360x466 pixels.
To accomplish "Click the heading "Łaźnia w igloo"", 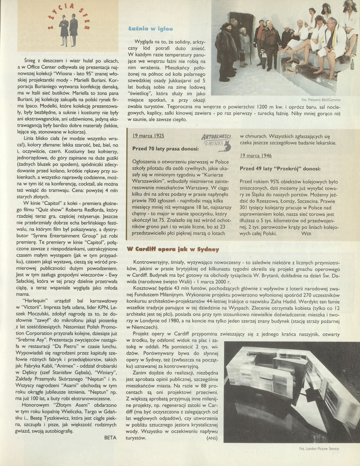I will (x=150, y=29).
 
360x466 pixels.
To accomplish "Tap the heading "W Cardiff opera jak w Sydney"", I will (x=173, y=249).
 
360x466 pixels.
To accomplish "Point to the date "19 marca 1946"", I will (x=256, y=156).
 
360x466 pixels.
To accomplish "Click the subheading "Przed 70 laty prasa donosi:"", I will (x=165, y=149).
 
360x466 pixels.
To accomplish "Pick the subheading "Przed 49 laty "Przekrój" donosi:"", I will (x=280, y=169).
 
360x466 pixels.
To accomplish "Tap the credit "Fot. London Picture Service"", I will (x=319, y=457).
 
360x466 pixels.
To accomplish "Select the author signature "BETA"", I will (x=110, y=437).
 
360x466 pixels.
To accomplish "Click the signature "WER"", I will (x=307, y=233).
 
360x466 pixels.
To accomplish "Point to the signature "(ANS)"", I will (x=212, y=438).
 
